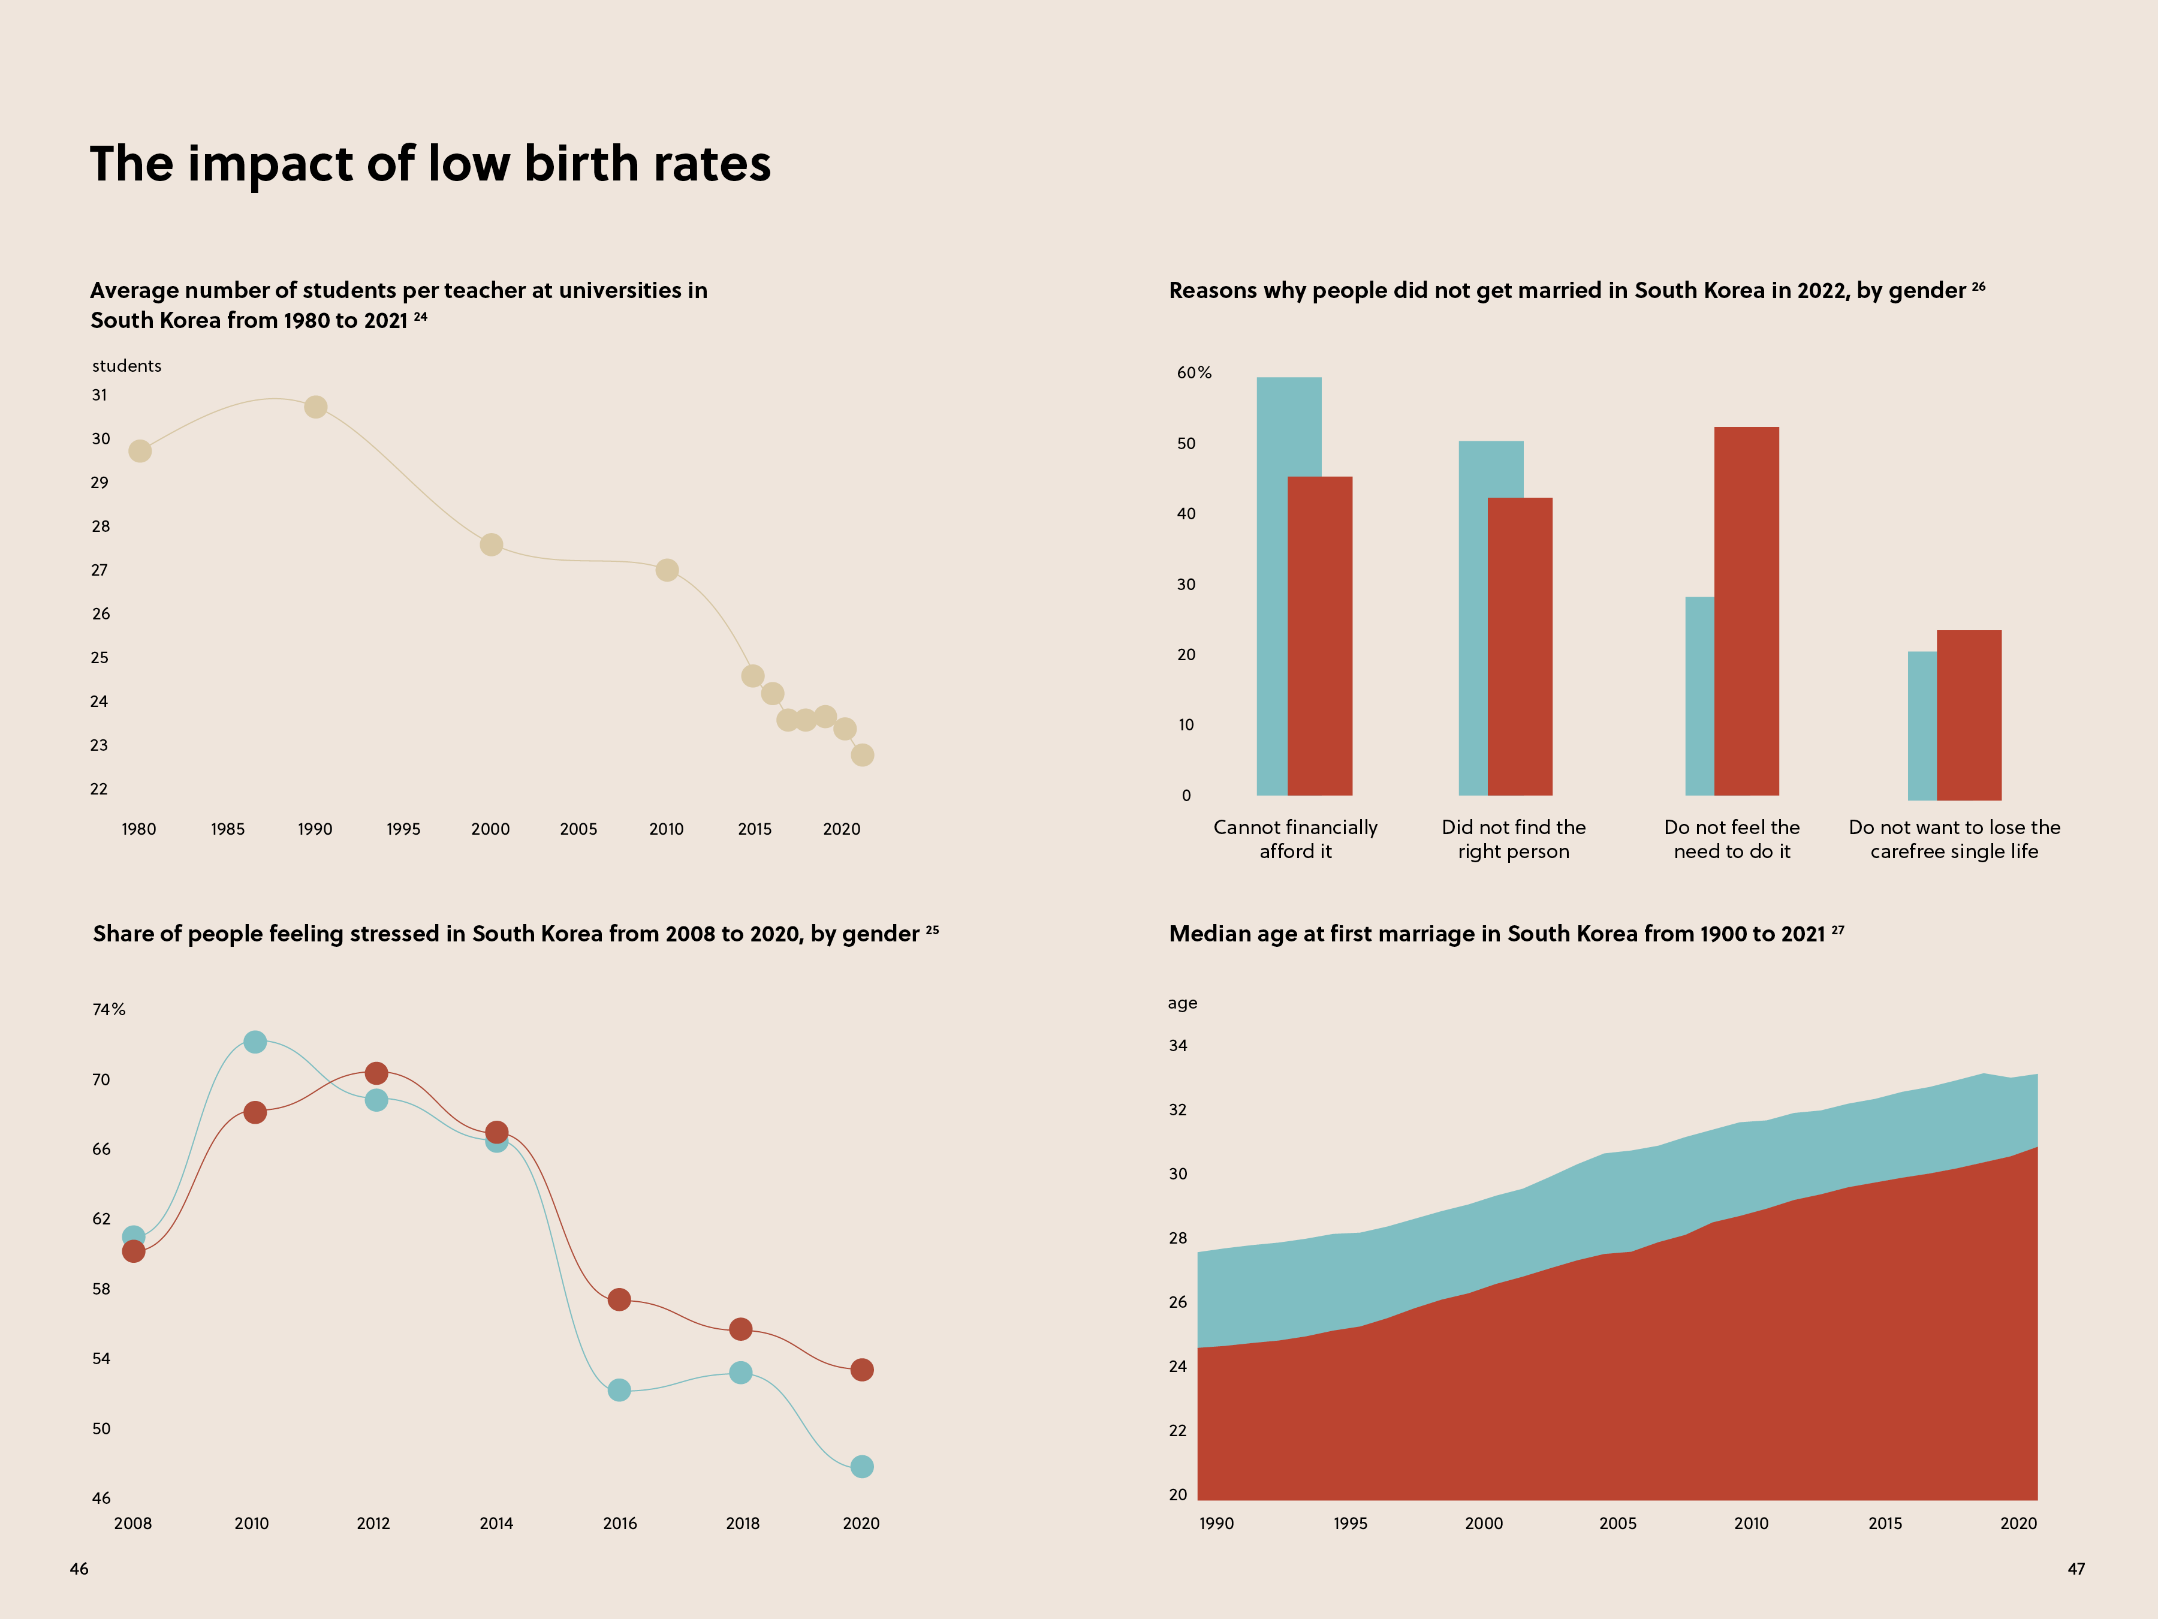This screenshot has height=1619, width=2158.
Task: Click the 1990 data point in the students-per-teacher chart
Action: tap(315, 407)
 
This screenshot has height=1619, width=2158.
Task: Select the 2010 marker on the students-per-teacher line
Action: tap(667, 570)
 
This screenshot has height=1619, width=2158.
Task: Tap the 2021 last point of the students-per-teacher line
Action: tap(863, 754)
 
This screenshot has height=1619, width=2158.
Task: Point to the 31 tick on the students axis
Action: tap(100, 395)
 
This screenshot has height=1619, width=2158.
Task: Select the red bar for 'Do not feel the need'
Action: tap(1746, 611)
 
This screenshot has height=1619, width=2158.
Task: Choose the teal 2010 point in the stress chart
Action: tap(255, 1042)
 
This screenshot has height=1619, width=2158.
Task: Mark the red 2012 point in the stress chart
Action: tap(376, 1073)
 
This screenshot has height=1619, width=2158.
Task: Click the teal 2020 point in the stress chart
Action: tap(861, 1467)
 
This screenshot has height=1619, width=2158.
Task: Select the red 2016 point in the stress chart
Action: tap(619, 1300)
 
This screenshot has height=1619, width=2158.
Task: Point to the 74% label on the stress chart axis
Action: tap(109, 1010)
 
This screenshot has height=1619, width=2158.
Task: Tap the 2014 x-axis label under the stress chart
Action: tap(496, 1524)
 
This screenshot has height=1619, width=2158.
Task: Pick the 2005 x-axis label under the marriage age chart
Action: tap(1617, 1524)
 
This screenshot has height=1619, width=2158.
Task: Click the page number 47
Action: tap(2076, 1569)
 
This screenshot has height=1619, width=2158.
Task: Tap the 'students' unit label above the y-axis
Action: tap(127, 366)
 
